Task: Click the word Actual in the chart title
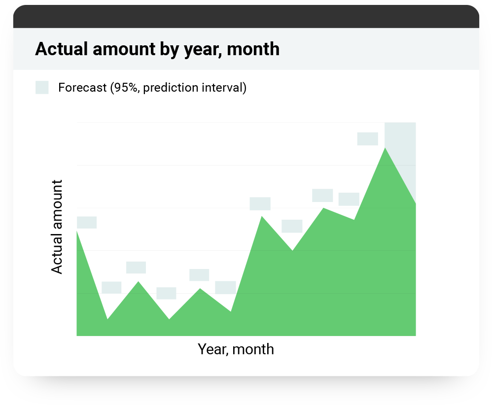61,49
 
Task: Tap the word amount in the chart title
124,49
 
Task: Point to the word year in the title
203,51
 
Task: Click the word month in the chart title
253,49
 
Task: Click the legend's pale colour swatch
42,88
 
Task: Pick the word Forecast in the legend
82,88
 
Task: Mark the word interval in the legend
224,88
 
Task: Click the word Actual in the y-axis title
57,259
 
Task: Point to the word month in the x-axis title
253,349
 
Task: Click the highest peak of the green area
385,148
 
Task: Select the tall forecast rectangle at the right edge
400,163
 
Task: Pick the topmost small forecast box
367,138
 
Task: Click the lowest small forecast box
166,293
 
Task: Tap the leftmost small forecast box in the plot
87,222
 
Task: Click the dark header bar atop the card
246,17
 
